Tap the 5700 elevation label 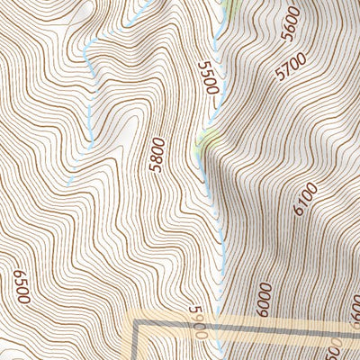(x=292, y=66)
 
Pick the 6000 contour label (x=263, y=296)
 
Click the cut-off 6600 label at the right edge (x=355, y=312)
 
